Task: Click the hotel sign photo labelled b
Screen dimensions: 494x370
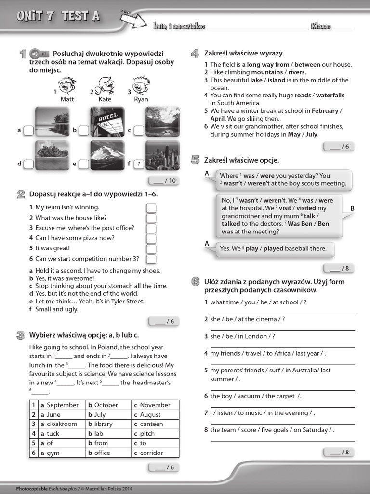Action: (x=107, y=122)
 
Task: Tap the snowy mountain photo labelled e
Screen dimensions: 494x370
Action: (x=107, y=155)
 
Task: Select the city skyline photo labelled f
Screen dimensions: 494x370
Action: (x=163, y=155)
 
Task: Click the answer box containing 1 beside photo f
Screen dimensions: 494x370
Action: (x=139, y=164)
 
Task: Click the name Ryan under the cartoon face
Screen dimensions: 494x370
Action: (x=141, y=99)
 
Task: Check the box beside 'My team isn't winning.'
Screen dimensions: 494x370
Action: (x=151, y=207)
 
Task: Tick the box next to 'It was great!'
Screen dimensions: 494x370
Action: (x=151, y=248)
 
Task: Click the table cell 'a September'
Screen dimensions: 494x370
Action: (x=59, y=405)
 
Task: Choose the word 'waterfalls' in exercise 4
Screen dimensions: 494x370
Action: (x=330, y=96)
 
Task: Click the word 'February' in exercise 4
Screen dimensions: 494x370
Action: (x=325, y=111)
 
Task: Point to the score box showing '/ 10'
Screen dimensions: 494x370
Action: (x=164, y=181)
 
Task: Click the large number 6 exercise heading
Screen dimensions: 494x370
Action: (x=195, y=282)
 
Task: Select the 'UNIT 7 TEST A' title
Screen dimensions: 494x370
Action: (x=58, y=17)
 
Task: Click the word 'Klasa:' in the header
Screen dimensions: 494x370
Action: (x=321, y=27)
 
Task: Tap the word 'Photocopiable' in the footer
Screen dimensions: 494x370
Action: (x=32, y=488)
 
